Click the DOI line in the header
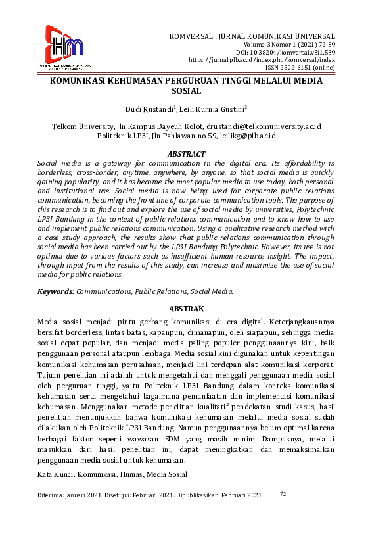[x=285, y=51]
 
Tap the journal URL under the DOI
[x=262, y=59]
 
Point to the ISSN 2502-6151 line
[x=300, y=67]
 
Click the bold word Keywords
[x=55, y=290]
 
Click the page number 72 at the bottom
[x=283, y=493]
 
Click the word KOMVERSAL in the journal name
[x=190, y=36]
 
